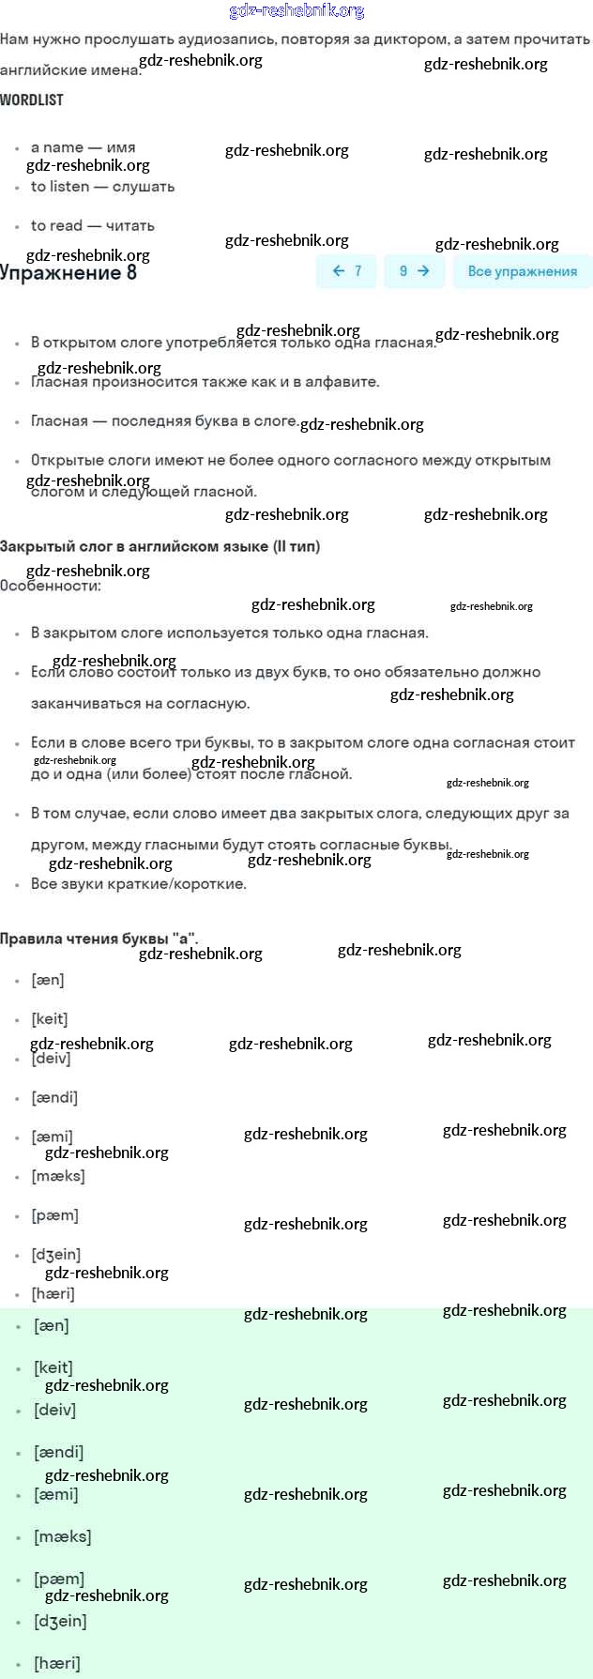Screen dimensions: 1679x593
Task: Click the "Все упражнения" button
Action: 522,271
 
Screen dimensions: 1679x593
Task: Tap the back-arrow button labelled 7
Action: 346,271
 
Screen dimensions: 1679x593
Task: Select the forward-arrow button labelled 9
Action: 414,271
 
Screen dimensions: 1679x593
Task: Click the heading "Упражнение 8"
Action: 68,273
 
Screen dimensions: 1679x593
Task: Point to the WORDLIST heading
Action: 32,99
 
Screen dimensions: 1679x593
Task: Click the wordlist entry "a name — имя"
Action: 83,147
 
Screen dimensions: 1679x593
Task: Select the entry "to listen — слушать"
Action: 102,187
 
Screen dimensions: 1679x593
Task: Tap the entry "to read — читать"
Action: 92,226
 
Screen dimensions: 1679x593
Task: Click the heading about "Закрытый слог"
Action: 160,546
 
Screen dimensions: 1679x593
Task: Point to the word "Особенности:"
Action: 51,586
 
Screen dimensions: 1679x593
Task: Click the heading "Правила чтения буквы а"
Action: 99,939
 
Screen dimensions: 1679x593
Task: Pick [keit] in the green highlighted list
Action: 53,1368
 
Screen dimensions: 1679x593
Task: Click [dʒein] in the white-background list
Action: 56,1255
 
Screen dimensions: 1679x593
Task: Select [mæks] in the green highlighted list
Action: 62,1537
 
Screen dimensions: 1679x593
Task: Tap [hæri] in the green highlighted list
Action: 56,1664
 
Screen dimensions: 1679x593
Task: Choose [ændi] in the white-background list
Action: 54,1098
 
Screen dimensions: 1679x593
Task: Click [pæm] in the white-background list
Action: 54,1215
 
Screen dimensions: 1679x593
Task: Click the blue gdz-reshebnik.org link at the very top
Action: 296,11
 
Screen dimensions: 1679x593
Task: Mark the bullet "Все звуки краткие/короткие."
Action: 139,884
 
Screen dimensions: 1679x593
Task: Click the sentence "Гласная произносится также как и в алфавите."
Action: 205,382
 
